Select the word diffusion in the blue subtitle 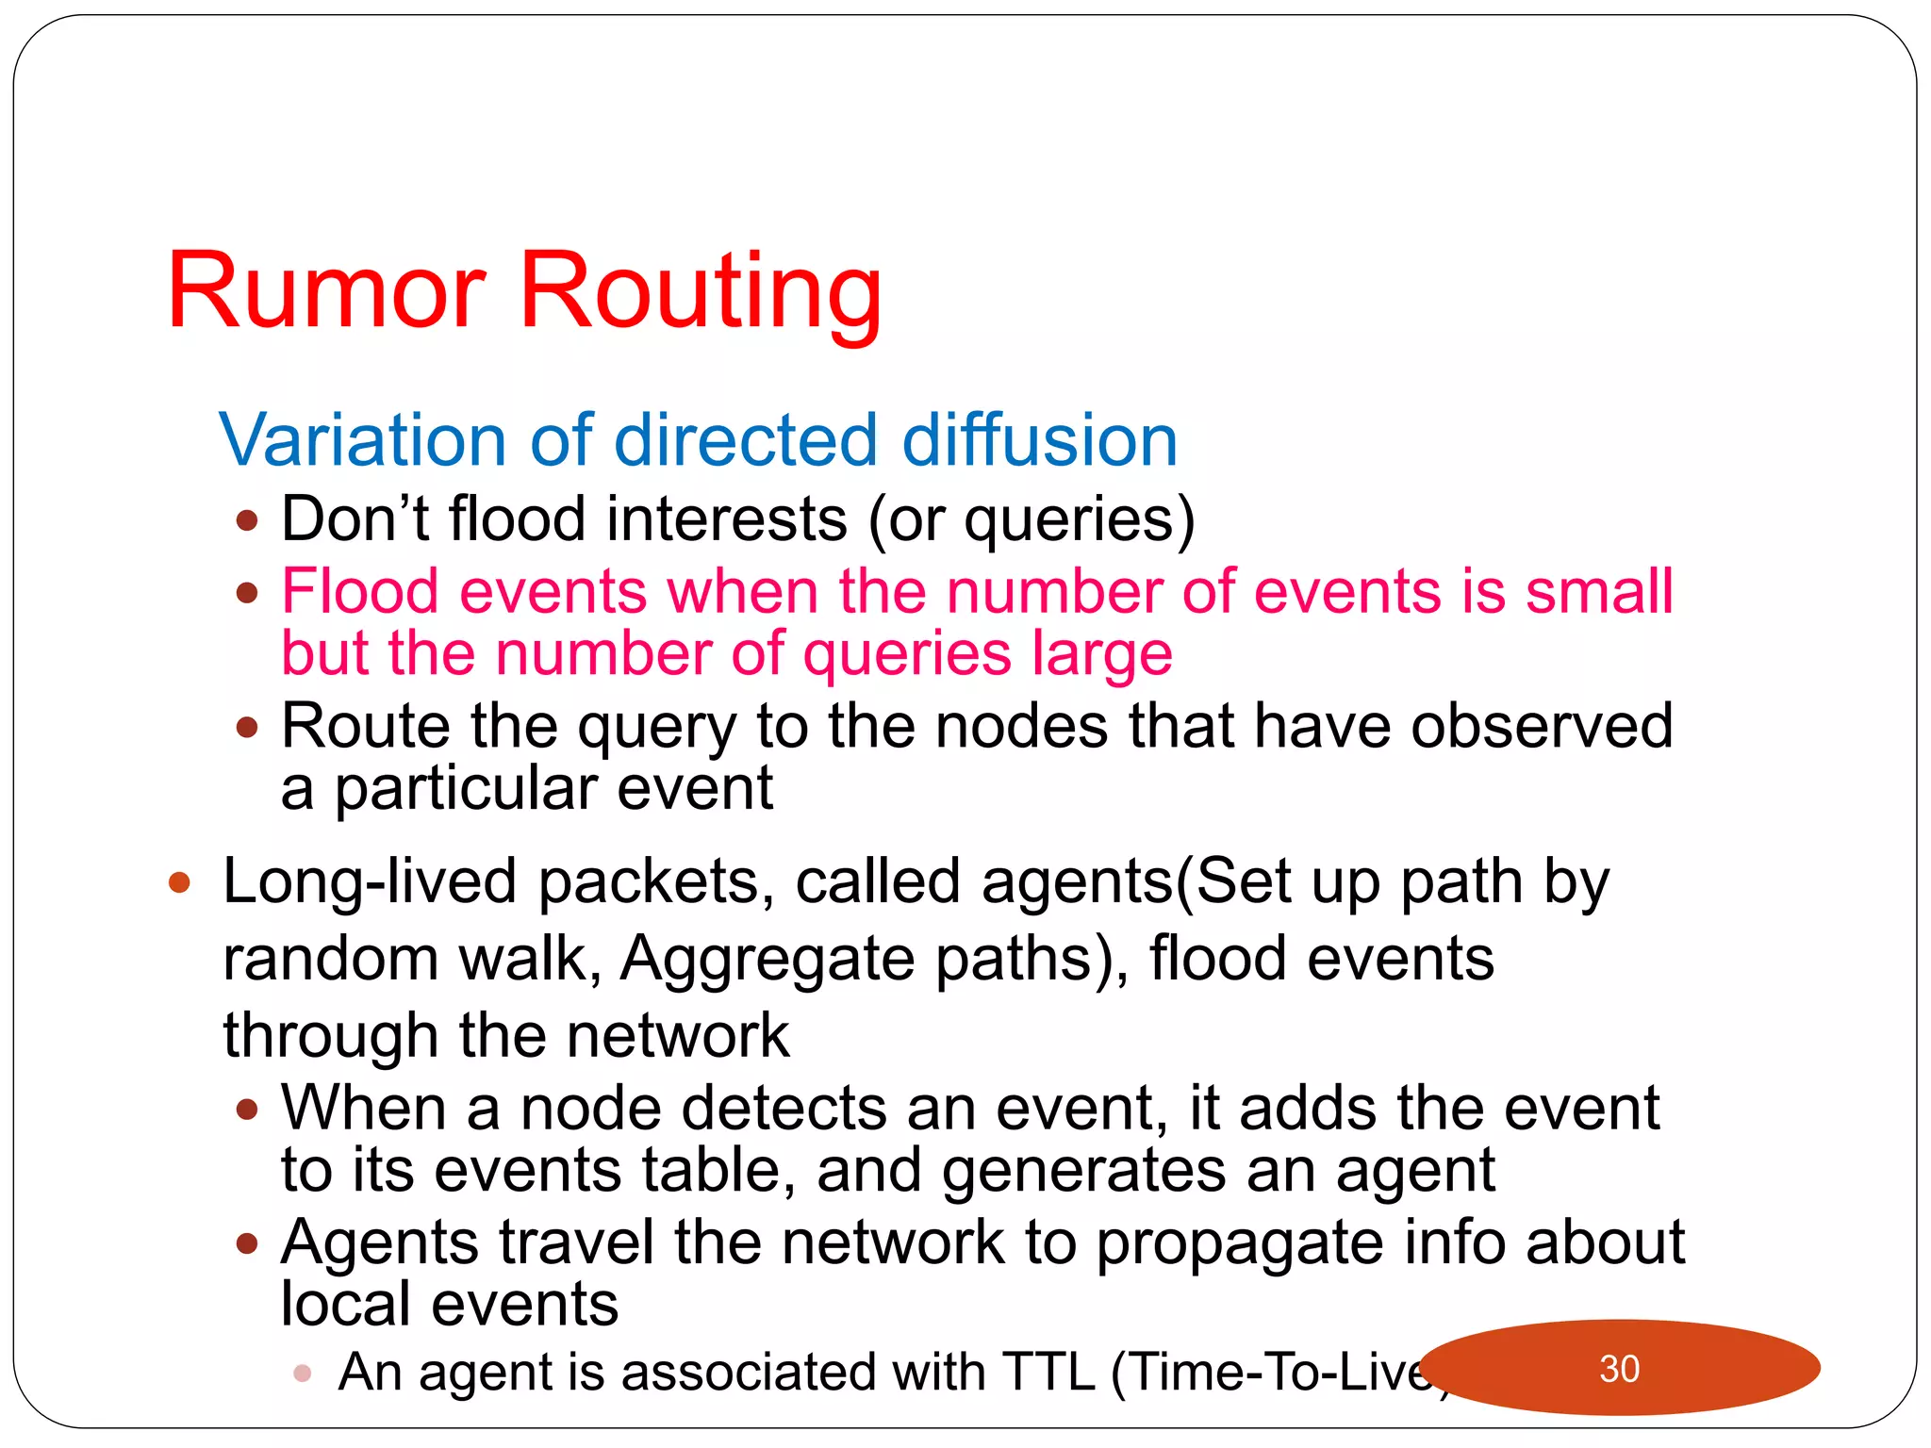pyautogui.click(x=1039, y=440)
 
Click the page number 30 pyautogui.click(x=1619, y=1369)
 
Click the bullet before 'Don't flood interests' pyautogui.click(x=247, y=520)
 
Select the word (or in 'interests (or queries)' pyautogui.click(x=905, y=520)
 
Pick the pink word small pyautogui.click(x=1599, y=592)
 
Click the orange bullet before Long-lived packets pyautogui.click(x=179, y=883)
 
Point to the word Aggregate pyautogui.click(x=767, y=959)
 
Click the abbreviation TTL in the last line pyautogui.click(x=1048, y=1372)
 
